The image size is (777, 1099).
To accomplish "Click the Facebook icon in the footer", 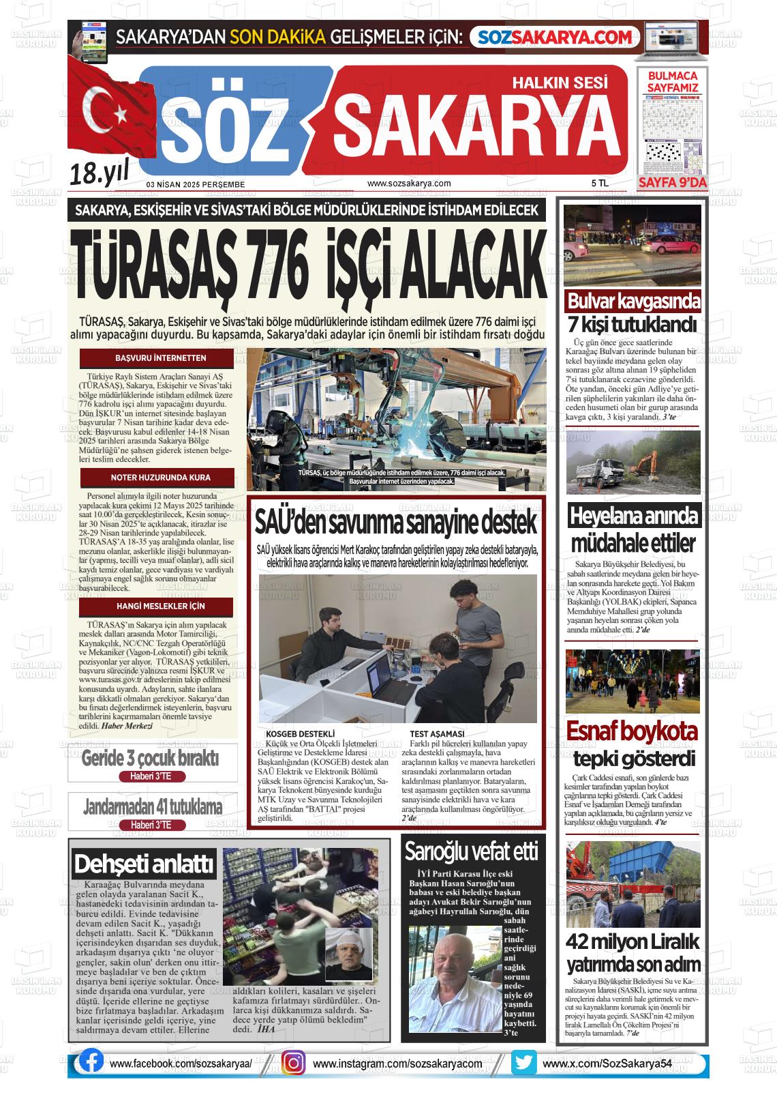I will tap(91, 1062).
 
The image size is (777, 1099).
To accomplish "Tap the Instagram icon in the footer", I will tap(293, 1064).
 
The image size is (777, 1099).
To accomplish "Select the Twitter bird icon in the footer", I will tap(523, 1063).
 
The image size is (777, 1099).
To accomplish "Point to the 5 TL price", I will tap(600, 184).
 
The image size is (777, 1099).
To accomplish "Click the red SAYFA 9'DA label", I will tap(673, 183).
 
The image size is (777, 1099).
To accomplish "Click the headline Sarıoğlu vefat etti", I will tap(472, 851).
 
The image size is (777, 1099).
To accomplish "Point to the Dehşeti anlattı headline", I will tap(144, 864).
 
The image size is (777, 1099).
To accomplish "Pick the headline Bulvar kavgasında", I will tap(634, 301).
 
